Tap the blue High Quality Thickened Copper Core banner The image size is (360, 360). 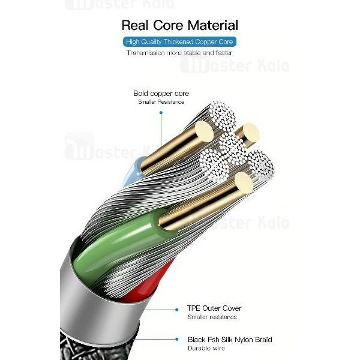(179, 42)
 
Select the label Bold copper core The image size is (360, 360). (161, 93)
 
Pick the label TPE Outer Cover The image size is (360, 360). (214, 308)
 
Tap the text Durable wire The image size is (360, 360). (206, 348)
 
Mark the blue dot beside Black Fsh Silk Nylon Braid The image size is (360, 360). (179, 340)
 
